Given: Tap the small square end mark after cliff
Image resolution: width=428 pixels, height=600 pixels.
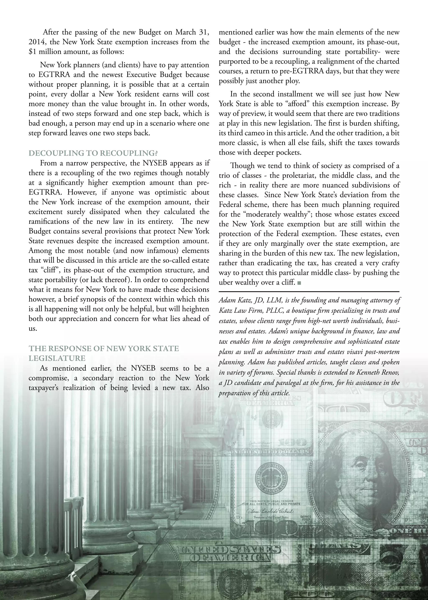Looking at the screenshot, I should tap(299, 283).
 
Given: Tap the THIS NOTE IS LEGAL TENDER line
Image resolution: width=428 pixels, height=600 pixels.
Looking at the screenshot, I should tap(271, 501).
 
